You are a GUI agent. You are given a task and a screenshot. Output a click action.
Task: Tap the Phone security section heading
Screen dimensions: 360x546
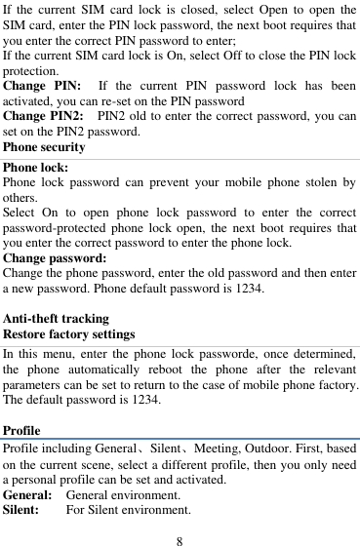[45, 148]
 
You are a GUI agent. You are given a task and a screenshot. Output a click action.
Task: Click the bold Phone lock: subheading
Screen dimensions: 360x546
[33, 165]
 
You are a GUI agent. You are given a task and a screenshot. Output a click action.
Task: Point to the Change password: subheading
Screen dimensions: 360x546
[55, 258]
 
